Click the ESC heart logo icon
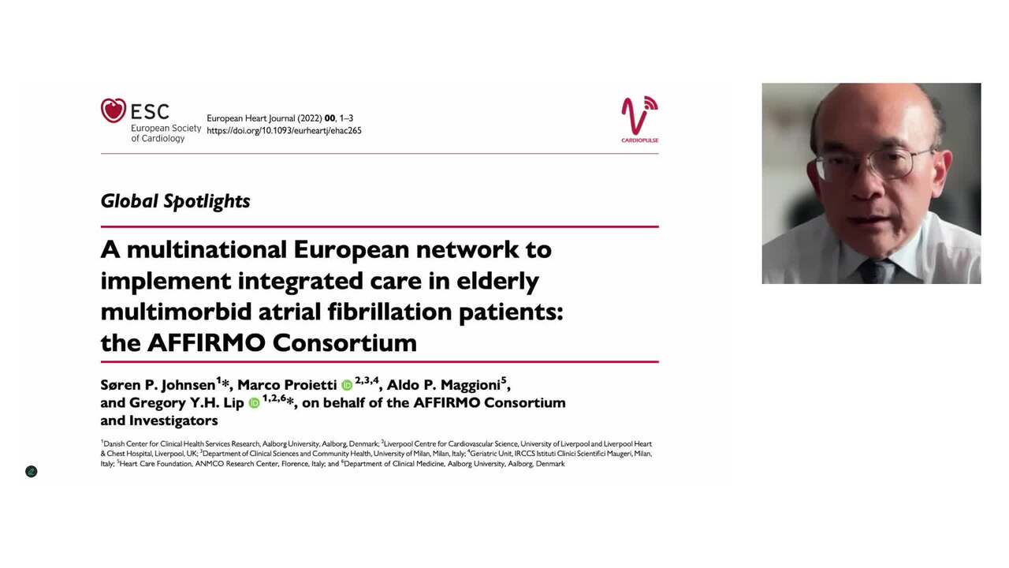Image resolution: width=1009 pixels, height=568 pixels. click(114, 110)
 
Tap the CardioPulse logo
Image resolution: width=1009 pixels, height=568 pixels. click(639, 119)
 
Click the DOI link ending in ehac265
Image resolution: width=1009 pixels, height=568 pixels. click(284, 131)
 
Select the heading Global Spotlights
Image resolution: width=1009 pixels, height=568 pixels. click(175, 201)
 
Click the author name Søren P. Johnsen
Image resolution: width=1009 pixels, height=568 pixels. click(158, 385)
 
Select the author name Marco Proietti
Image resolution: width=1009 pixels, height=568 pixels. click(287, 385)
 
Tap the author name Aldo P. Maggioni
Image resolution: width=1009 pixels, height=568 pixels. click(443, 385)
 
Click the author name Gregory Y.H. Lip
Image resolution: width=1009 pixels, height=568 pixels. click(187, 403)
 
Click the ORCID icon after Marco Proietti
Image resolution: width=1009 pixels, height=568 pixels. click(347, 386)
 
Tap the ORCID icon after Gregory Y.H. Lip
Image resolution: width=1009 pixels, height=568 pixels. click(254, 403)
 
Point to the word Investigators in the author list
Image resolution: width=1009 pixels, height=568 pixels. click(173, 420)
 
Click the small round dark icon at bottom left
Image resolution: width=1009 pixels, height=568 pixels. click(32, 472)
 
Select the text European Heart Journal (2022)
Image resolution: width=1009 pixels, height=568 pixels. click(264, 118)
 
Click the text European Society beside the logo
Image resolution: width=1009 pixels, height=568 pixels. click(166, 128)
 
